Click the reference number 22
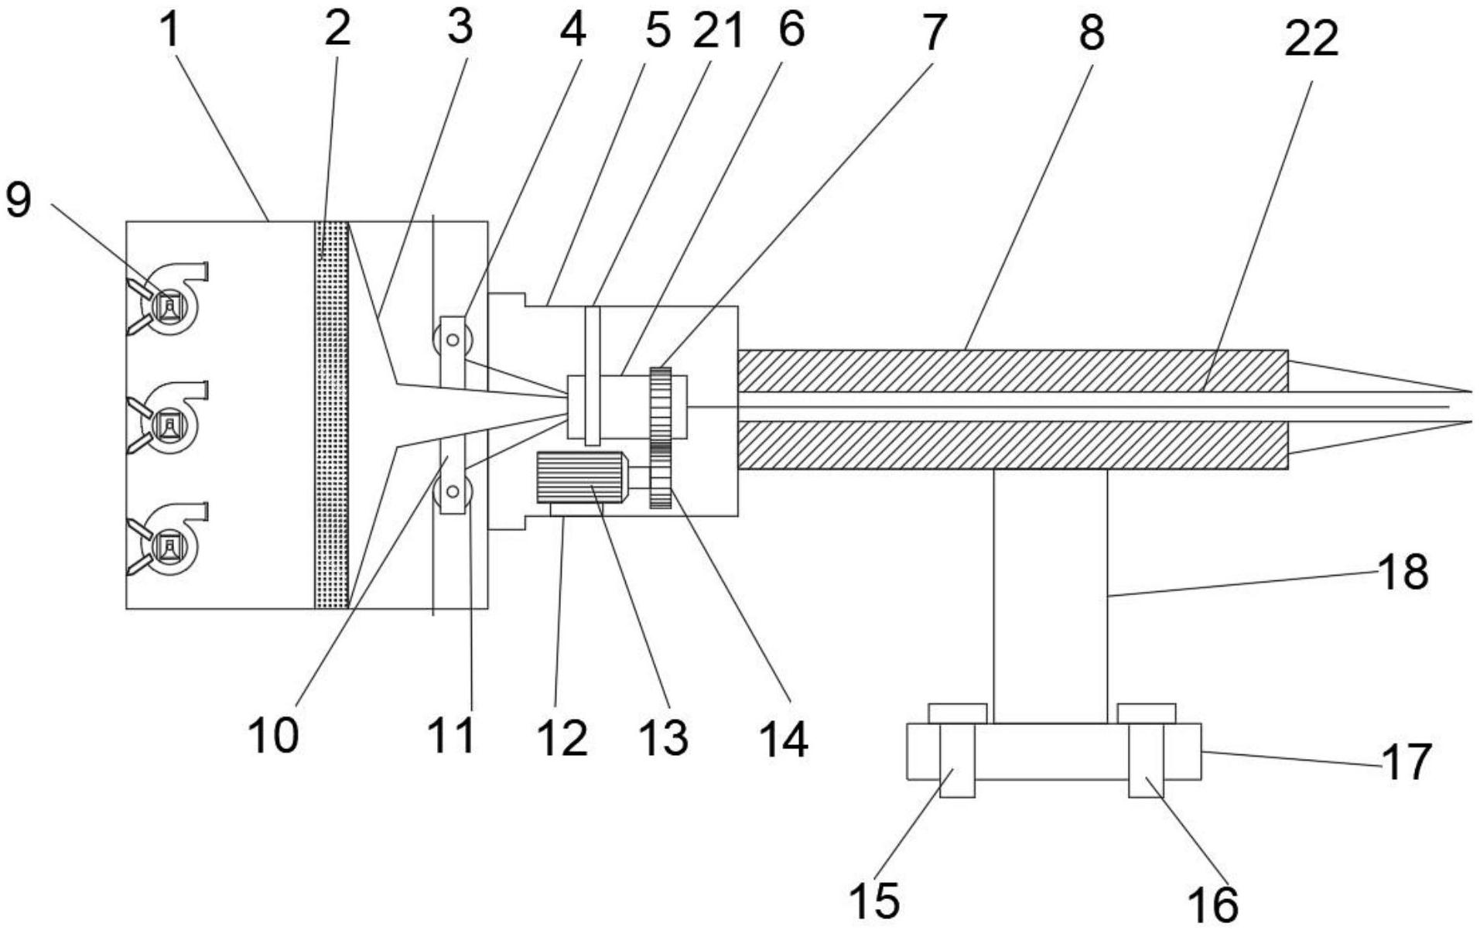coord(1311,39)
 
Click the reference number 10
coord(273,735)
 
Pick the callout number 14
coord(784,739)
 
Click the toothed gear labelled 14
coord(660,438)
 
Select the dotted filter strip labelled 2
coord(332,415)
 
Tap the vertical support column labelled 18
coord(1050,596)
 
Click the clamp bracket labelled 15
coord(956,760)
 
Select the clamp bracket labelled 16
coord(1146,760)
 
